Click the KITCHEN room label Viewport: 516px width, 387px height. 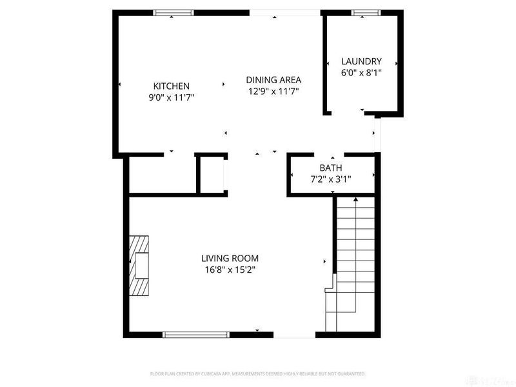click(171, 86)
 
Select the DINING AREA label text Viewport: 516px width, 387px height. click(274, 80)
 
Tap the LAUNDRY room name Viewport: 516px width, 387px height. click(361, 61)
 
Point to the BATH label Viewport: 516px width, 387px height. click(330, 168)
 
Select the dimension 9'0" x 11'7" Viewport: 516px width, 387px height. click(171, 97)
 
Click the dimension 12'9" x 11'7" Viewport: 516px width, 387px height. click(274, 92)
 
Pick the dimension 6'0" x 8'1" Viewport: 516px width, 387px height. click(361, 73)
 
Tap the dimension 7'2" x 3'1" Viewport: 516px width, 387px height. click(330, 179)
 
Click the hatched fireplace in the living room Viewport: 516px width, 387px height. click(139, 264)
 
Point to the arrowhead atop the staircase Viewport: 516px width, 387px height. click(355, 201)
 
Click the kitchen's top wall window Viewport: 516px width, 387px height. click(174, 12)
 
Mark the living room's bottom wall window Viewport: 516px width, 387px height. click(196, 334)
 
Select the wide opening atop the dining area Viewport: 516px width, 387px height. click(284, 12)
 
